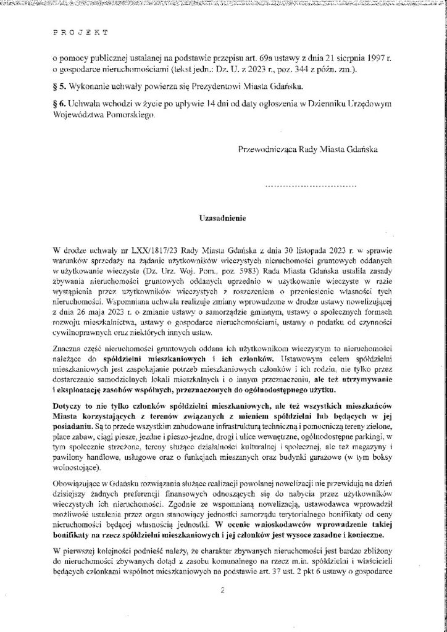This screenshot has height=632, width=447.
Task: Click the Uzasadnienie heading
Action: coord(223,218)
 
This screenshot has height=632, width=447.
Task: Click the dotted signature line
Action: coord(311,184)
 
